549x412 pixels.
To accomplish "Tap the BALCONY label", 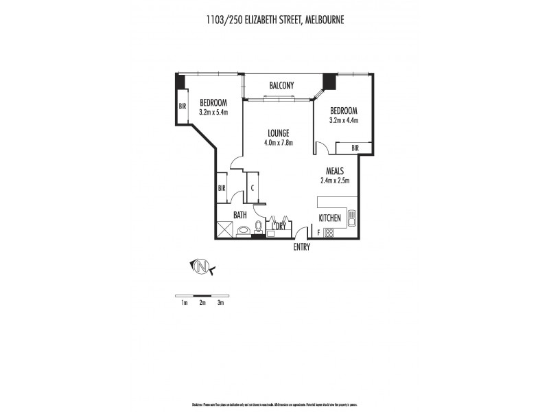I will (x=281, y=85).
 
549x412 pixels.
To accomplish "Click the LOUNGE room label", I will (x=278, y=133).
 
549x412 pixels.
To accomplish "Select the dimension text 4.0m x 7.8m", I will (x=278, y=143).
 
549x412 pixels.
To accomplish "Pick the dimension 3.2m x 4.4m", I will (x=343, y=120).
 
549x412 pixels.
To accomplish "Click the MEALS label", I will (x=334, y=171).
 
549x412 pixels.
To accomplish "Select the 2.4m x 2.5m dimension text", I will (x=335, y=181).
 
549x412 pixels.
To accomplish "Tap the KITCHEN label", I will (x=329, y=218).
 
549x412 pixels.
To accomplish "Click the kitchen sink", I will (x=351, y=218).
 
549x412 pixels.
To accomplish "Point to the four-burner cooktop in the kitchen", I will (x=329, y=232).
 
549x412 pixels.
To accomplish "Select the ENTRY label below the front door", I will (x=301, y=247).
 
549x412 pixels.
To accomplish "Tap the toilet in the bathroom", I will (x=259, y=227).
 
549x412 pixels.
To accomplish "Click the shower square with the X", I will (x=225, y=229).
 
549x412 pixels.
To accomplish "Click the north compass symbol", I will (x=202, y=266).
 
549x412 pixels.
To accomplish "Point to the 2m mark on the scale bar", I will (x=202, y=302).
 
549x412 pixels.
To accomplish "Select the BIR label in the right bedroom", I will (x=355, y=148).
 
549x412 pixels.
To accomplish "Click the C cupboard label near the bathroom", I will (x=253, y=187).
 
